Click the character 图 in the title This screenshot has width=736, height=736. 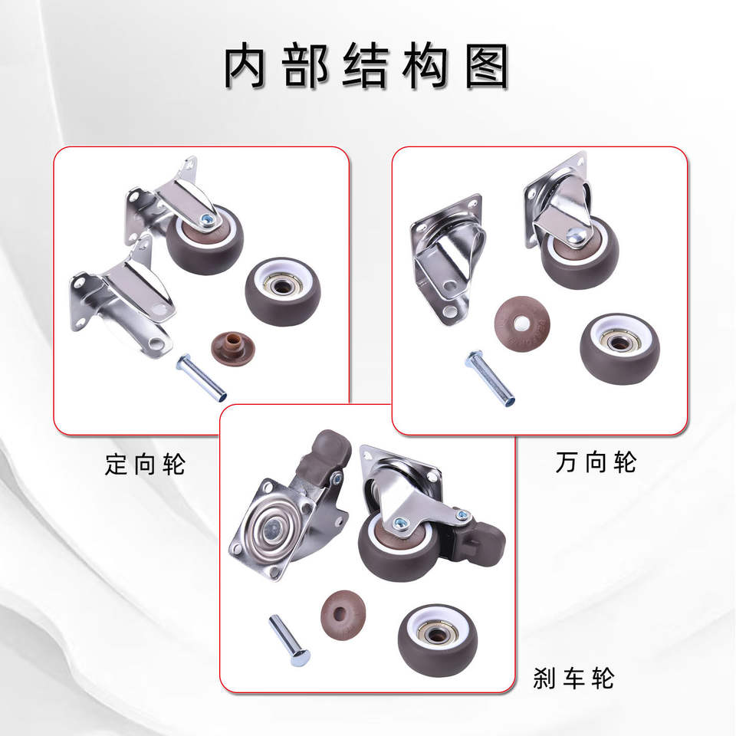[x=487, y=66]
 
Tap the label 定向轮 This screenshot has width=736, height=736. [x=145, y=465]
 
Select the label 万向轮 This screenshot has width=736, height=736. [x=596, y=462]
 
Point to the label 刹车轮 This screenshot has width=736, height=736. [x=573, y=678]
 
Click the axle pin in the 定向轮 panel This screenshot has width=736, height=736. [x=202, y=377]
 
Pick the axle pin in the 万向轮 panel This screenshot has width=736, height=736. [x=490, y=378]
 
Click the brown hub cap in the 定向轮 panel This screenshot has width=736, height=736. [x=233, y=349]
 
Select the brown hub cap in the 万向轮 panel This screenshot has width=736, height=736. [x=522, y=324]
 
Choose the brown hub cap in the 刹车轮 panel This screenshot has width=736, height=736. [x=343, y=616]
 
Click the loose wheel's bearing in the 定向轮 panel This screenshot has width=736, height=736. [x=282, y=286]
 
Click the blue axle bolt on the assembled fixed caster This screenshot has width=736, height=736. [x=207, y=219]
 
